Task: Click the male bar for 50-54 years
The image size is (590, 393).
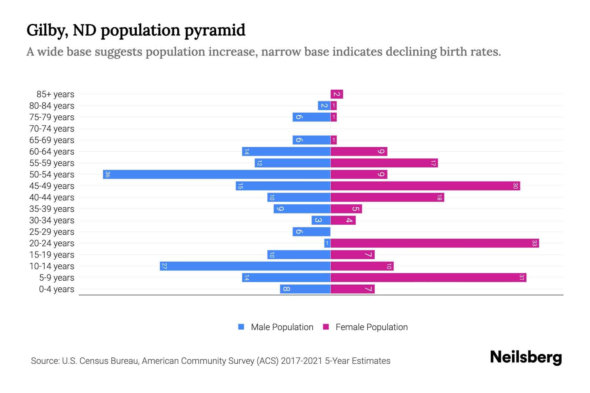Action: pyautogui.click(x=216, y=174)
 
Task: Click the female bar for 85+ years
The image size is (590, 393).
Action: pyautogui.click(x=337, y=94)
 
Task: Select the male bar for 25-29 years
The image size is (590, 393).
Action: pyautogui.click(x=311, y=232)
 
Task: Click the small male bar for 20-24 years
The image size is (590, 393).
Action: pyautogui.click(x=327, y=243)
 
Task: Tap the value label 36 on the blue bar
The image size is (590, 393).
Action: pyautogui.click(x=108, y=174)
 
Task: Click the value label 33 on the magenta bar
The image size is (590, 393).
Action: pyautogui.click(x=534, y=243)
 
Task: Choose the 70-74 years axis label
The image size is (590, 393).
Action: pyautogui.click(x=52, y=129)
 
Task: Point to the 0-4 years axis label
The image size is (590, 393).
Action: pyautogui.click(x=56, y=289)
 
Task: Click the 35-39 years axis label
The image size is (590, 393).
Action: pyautogui.click(x=52, y=209)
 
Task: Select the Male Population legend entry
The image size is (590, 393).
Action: pyautogui.click(x=276, y=327)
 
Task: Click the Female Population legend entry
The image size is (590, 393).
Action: pyautogui.click(x=365, y=327)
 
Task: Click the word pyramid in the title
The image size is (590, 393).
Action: pyautogui.click(x=214, y=30)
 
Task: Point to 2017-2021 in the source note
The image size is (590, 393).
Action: pyautogui.click(x=302, y=361)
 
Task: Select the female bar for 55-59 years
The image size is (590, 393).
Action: pyautogui.click(x=384, y=163)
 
